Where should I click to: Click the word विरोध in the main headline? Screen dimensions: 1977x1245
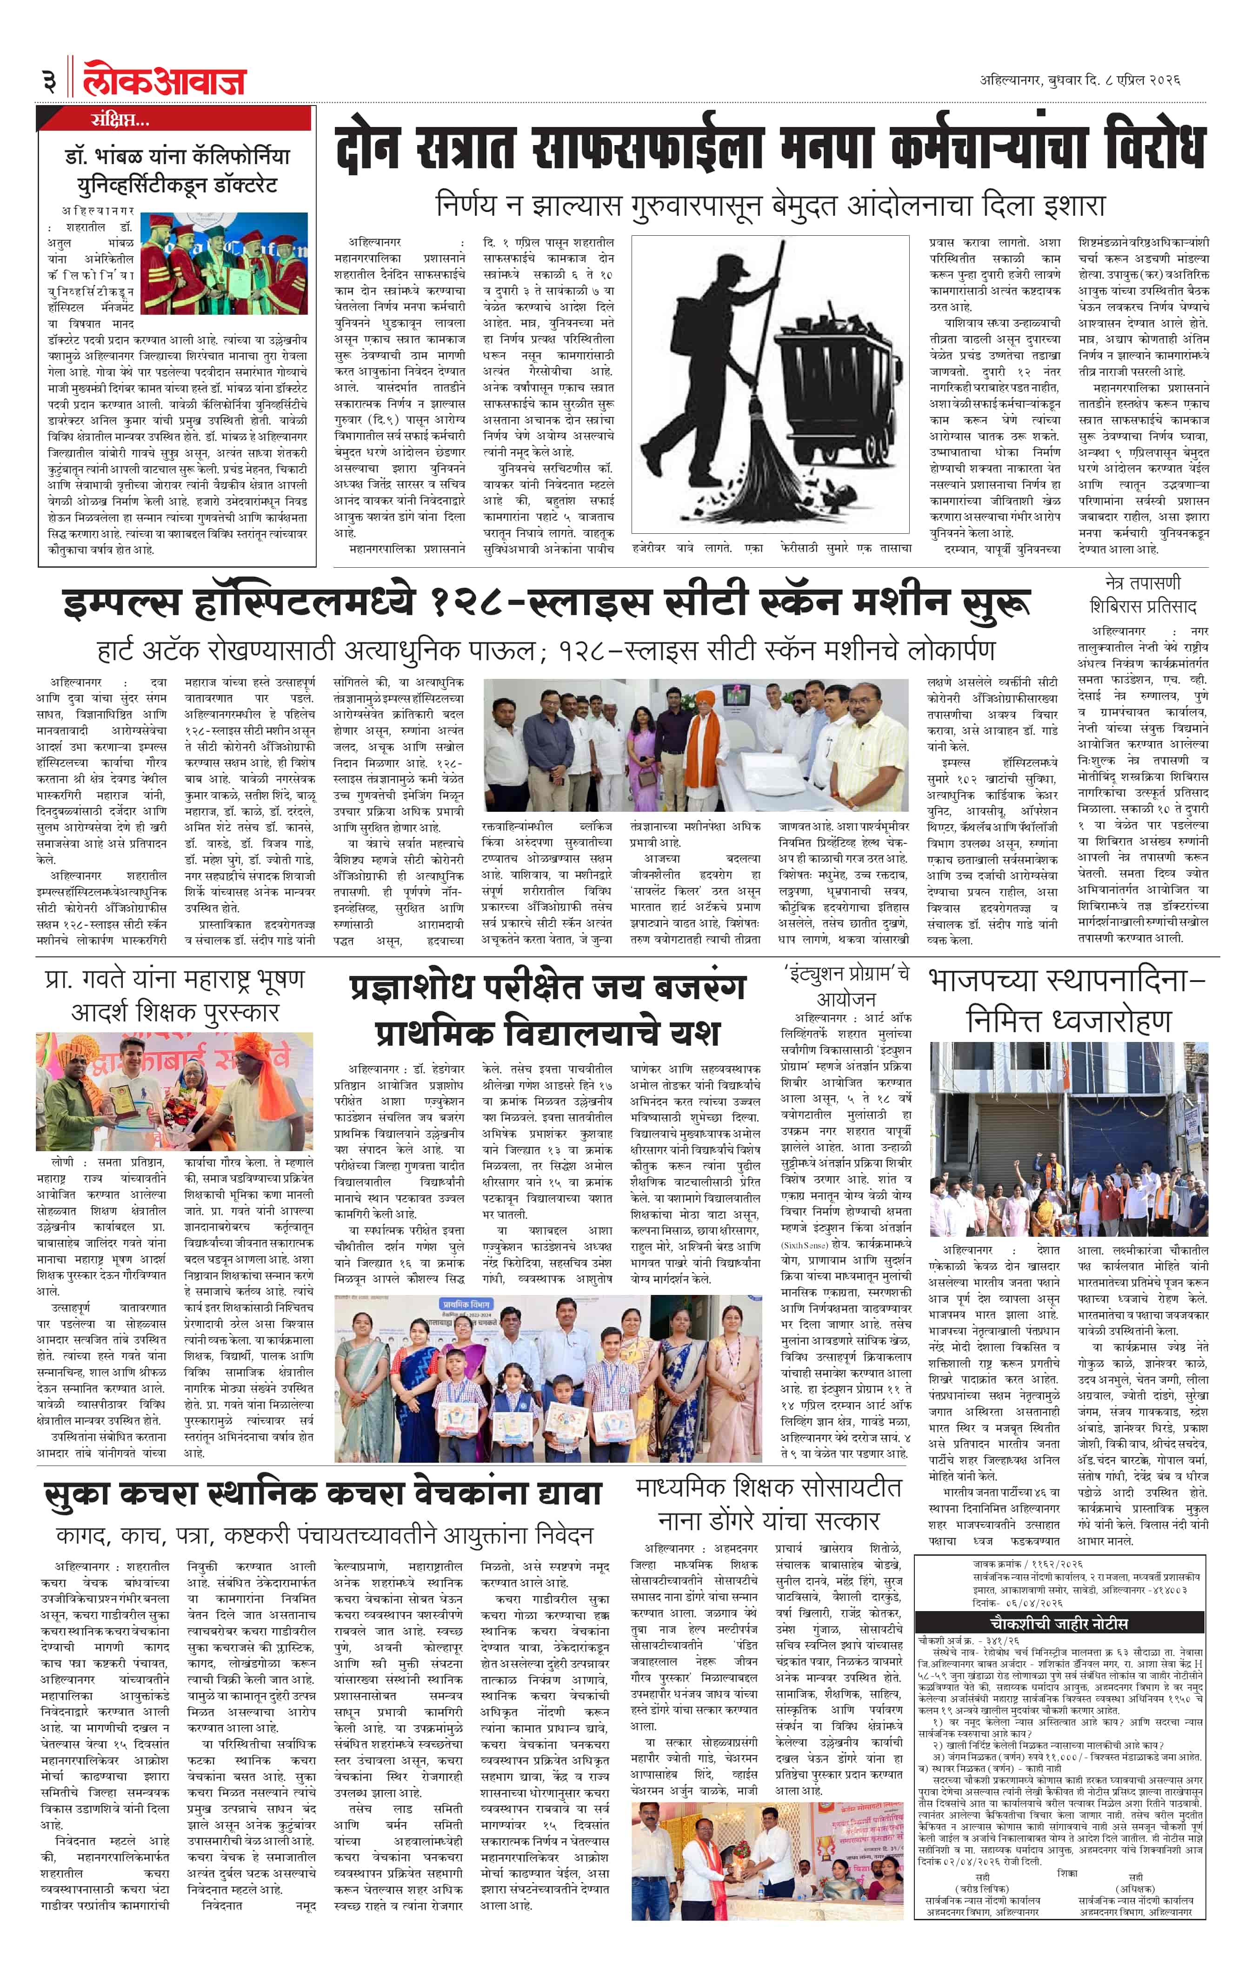[1150, 148]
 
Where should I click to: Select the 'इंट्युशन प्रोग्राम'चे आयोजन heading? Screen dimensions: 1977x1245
[846, 985]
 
